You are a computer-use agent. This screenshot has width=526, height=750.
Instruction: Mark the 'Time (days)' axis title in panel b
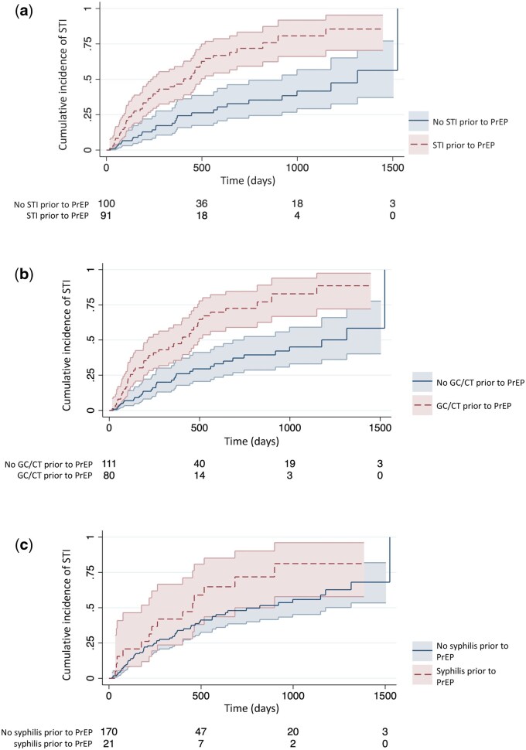[x=250, y=438]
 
